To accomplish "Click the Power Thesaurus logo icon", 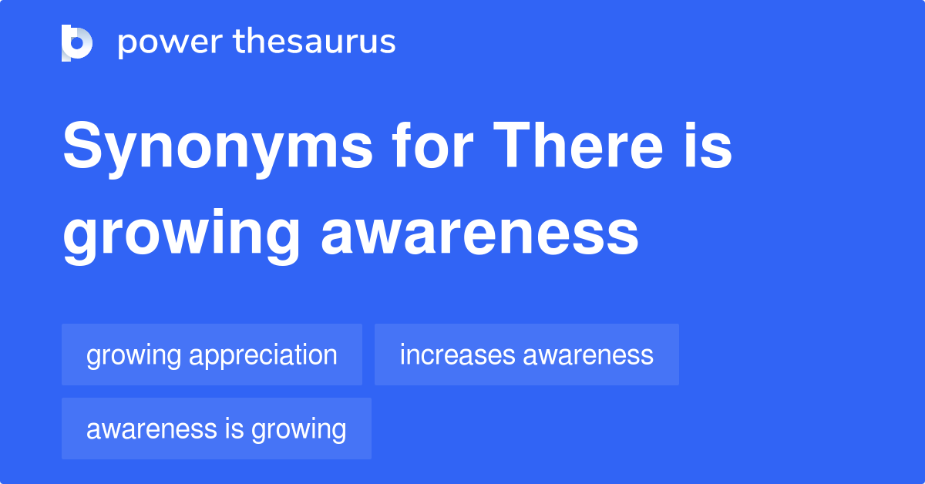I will (77, 42).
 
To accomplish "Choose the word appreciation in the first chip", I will (263, 356).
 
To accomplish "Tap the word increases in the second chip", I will (457, 355).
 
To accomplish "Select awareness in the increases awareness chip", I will (588, 355).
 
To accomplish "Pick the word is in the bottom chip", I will (234, 429).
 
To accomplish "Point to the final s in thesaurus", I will (388, 42).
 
